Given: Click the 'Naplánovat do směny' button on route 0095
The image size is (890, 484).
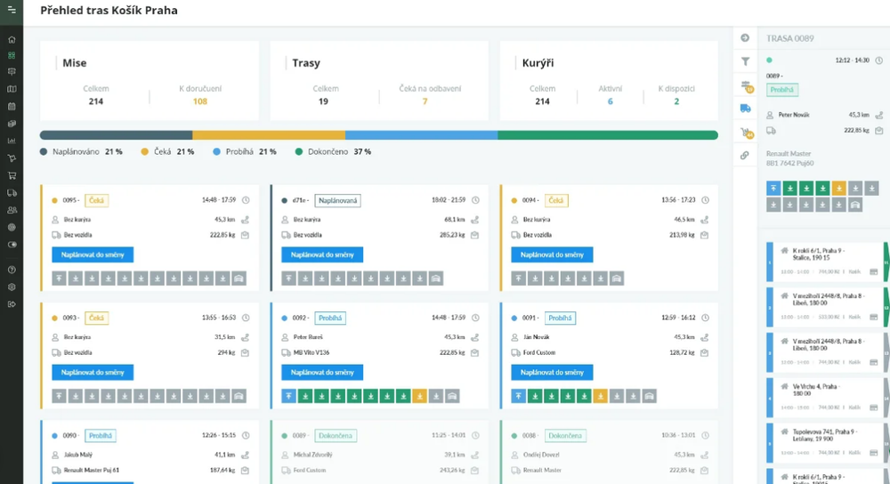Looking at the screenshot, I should pyautogui.click(x=93, y=254).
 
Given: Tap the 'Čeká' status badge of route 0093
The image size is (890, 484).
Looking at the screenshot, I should pyautogui.click(x=96, y=318).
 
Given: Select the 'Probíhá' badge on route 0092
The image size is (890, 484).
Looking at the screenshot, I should pyautogui.click(x=330, y=318).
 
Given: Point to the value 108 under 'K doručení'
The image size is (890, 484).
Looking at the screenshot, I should pyautogui.click(x=200, y=101).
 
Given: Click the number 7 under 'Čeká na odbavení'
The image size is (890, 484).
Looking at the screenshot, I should pyautogui.click(x=425, y=101).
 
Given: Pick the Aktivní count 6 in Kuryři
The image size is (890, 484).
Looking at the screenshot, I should pyautogui.click(x=610, y=101).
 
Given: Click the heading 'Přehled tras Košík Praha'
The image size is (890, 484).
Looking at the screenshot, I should pyautogui.click(x=109, y=11).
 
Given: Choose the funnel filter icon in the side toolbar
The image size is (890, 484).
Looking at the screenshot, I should pyautogui.click(x=745, y=61).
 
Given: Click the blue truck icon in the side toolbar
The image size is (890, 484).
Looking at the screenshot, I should pyautogui.click(x=745, y=109).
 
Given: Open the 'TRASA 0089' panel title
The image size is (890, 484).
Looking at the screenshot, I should pyautogui.click(x=791, y=38).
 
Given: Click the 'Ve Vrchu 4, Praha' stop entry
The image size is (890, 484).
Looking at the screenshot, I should pyautogui.click(x=812, y=390).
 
